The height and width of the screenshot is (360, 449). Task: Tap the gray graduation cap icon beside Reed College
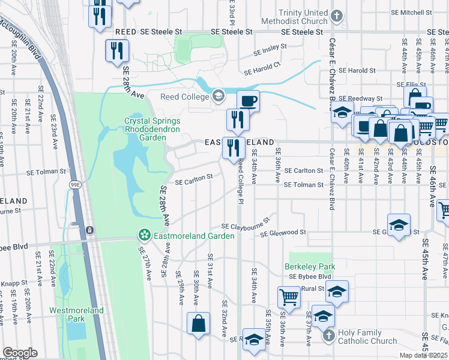[x=217, y=95]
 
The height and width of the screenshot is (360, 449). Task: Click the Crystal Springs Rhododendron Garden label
[x=145, y=128]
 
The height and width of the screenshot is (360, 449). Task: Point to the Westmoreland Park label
[x=76, y=314]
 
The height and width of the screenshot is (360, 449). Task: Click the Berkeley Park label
[x=310, y=266]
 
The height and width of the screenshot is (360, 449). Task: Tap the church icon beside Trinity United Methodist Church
[x=337, y=16]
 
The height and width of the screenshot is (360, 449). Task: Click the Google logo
[x=20, y=353]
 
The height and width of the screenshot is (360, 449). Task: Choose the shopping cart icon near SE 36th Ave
[x=289, y=297]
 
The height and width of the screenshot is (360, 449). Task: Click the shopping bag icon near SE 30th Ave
[x=198, y=323]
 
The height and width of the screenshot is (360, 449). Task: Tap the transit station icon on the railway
[x=89, y=230]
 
